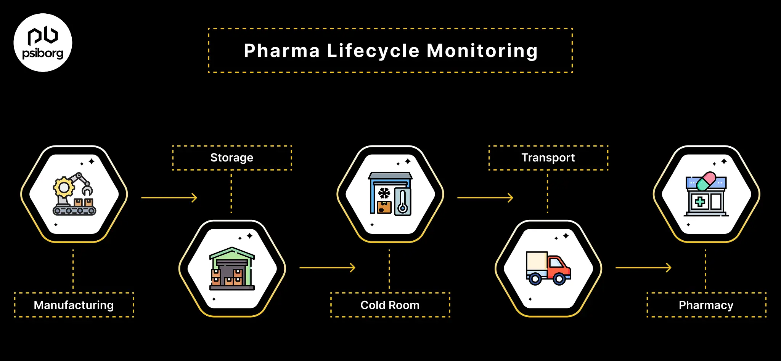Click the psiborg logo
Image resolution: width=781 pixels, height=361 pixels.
(x=43, y=43)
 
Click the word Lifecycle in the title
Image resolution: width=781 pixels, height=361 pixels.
(x=373, y=51)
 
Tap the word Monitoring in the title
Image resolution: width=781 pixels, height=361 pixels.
(x=482, y=51)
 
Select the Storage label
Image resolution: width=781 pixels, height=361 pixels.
(x=232, y=158)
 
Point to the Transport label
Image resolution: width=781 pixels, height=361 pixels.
(x=548, y=158)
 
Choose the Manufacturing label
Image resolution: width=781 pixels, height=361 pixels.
(x=74, y=305)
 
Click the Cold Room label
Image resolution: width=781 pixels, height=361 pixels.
(x=390, y=305)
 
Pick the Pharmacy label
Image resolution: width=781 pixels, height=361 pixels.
(x=706, y=305)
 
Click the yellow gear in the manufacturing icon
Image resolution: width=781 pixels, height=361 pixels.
(x=64, y=187)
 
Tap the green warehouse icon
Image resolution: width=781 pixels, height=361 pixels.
(x=232, y=268)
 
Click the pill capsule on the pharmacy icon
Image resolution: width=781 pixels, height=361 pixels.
(x=706, y=181)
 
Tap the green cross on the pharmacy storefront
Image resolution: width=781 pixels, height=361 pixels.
(x=700, y=201)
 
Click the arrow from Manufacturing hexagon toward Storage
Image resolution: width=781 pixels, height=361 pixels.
(x=169, y=198)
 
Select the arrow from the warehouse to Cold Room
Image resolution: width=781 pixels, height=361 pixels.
(x=327, y=268)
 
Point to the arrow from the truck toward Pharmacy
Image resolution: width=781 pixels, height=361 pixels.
(x=643, y=268)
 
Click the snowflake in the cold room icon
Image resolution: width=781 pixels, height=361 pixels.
(x=384, y=193)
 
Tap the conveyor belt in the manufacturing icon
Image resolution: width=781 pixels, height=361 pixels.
(x=74, y=210)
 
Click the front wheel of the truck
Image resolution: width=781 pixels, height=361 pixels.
(x=559, y=279)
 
